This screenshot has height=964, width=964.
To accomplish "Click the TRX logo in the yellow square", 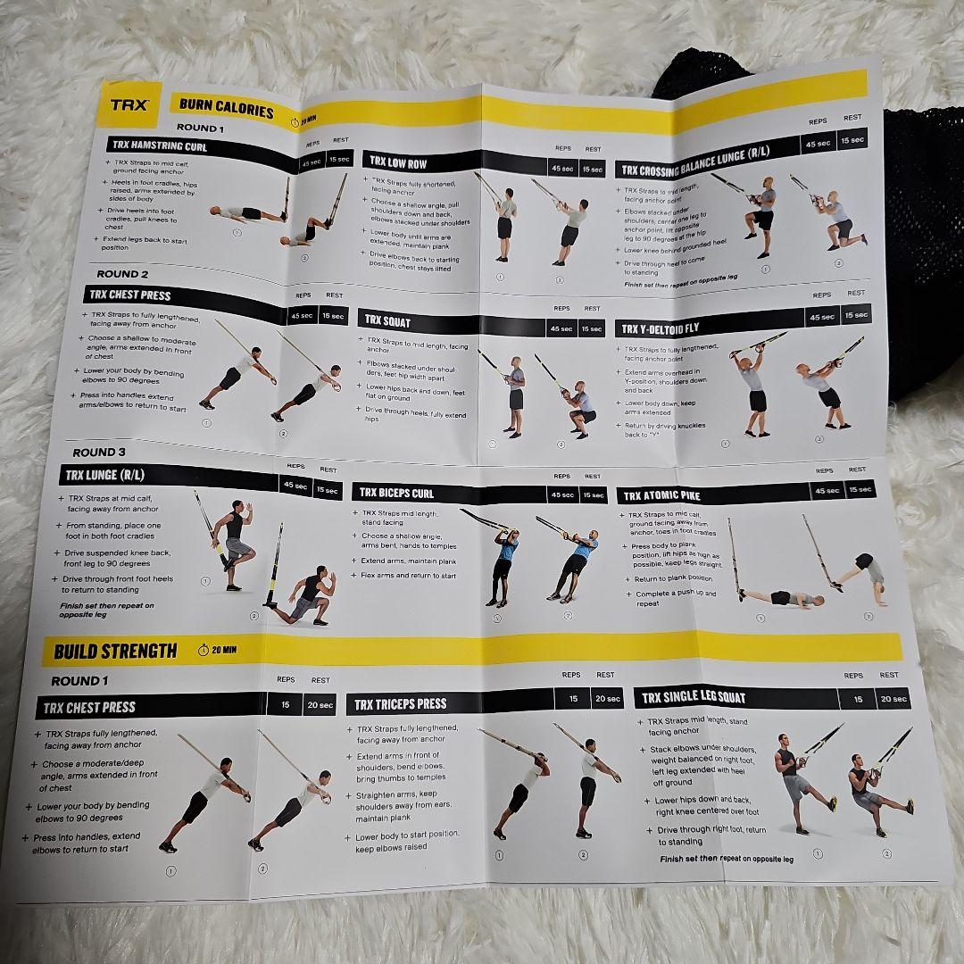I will pyautogui.click(x=129, y=104).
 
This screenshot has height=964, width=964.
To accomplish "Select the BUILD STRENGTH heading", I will pyautogui.click(x=115, y=651).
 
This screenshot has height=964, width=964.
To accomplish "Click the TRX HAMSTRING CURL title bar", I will pyautogui.click(x=159, y=145).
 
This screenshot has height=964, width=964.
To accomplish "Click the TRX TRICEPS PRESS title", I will pyautogui.click(x=400, y=704).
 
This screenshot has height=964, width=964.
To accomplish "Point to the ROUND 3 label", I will pyautogui.click(x=99, y=453).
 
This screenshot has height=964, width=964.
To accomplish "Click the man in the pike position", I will pyautogui.click(x=863, y=577).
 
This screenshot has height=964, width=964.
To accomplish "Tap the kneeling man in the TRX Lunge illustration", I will pyautogui.click(x=309, y=598).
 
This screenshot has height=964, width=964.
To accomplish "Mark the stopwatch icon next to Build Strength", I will pyautogui.click(x=203, y=650).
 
